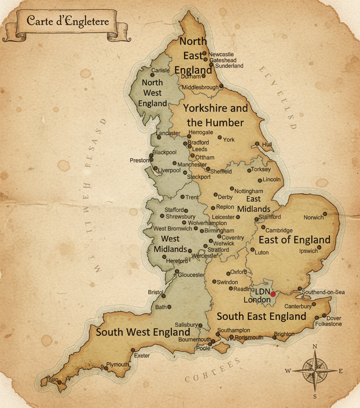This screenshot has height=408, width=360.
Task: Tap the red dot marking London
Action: point(273,294)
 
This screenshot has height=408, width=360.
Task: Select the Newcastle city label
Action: point(221,54)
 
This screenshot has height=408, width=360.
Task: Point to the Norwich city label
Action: point(314,217)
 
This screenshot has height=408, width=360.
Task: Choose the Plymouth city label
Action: point(118,365)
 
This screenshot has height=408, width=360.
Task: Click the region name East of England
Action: point(295,240)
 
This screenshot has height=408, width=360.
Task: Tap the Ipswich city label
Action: point(309,251)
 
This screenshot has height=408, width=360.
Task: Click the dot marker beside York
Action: point(220,137)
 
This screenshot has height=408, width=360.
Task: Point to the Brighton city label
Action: point(284,334)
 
